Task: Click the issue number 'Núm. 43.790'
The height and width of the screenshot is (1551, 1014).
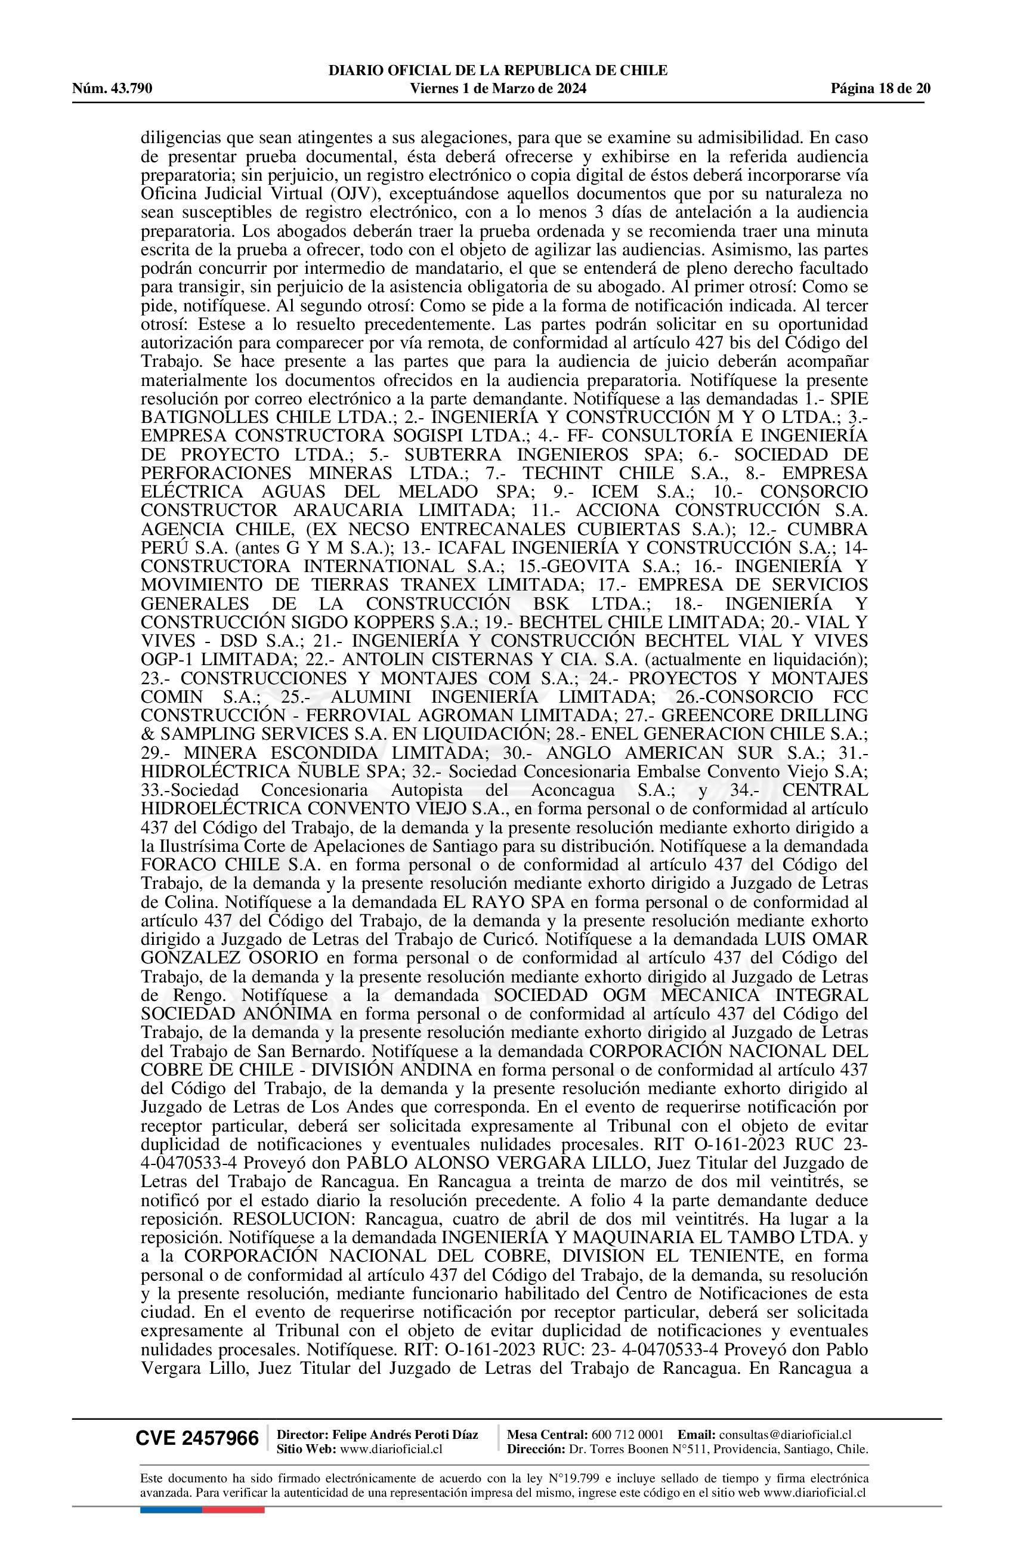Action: click(x=112, y=89)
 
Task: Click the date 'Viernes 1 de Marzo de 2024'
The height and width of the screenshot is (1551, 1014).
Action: click(x=498, y=89)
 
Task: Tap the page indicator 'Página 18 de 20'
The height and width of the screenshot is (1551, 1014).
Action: click(x=880, y=89)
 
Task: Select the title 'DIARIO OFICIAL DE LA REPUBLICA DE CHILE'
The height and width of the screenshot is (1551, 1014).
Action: click(x=498, y=71)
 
